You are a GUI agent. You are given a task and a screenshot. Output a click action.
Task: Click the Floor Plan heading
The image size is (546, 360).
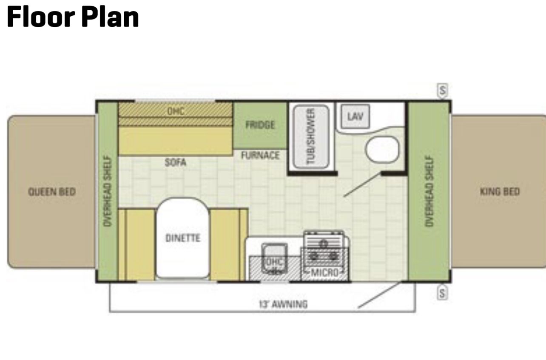pos(73,17)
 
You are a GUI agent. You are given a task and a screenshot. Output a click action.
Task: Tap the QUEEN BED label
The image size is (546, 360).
pos(52,192)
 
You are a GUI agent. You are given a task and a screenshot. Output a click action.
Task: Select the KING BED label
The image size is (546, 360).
pos(500,192)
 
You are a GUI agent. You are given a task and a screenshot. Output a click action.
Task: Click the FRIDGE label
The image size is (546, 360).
pos(260,125)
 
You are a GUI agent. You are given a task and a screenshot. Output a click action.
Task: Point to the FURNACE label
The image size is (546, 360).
pos(260,156)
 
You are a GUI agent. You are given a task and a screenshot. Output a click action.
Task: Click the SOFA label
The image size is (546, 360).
pos(175,162)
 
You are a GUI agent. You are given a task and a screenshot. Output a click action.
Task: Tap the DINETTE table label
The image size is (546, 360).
pos(183,238)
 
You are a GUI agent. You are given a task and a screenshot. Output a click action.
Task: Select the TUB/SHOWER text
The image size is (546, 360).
pos(310,136)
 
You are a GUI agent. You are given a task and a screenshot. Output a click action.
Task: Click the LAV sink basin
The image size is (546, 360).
pos(355,116)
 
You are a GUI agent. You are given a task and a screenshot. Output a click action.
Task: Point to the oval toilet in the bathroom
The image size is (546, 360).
pos(382,150)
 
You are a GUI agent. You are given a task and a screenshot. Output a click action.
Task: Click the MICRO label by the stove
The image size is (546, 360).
pos(325,272)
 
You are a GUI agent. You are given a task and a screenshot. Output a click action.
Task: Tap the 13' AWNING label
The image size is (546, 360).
pos(283,304)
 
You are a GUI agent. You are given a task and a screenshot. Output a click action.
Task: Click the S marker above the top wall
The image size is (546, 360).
pos(443,91)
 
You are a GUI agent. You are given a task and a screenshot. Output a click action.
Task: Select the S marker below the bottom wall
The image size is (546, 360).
pos(442,293)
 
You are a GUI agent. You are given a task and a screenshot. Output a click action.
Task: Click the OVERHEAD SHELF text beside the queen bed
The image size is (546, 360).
pos(108,191)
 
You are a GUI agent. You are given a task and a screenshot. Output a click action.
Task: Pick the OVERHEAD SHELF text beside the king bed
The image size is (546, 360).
pos(429,191)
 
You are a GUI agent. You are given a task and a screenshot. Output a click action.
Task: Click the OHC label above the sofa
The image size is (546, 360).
pos(176,111)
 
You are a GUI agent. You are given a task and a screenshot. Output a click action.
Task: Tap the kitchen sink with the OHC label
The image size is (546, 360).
pos(274,258)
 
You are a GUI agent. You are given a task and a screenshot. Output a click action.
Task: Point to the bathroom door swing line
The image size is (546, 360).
pos(362,184)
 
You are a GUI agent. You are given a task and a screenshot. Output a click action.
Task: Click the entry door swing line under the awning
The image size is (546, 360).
pos(379,295)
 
